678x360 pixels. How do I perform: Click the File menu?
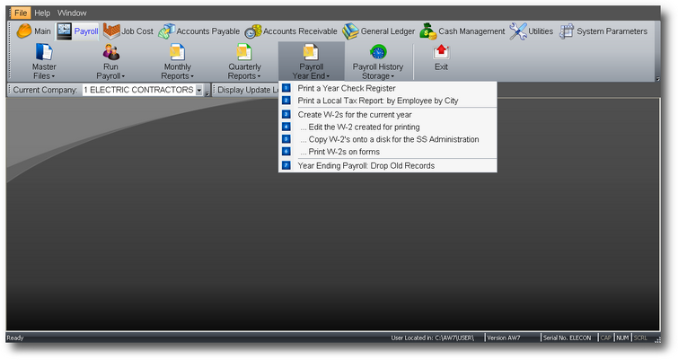tap(21, 13)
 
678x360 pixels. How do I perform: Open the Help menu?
tap(42, 13)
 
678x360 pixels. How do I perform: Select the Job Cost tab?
tap(128, 31)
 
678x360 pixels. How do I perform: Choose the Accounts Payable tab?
tap(198, 31)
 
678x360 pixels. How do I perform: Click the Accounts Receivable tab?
tap(291, 31)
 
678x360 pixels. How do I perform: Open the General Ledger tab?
tap(379, 31)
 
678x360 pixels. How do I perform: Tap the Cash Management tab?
tap(462, 31)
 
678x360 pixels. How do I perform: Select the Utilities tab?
tap(532, 31)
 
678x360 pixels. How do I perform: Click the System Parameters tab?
tap(603, 31)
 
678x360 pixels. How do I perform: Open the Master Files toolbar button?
tap(44, 62)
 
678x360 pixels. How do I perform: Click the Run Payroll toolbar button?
tap(110, 62)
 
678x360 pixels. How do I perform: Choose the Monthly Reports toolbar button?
tap(177, 62)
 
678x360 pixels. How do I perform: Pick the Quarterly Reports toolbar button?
tap(244, 62)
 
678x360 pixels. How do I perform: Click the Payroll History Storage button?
tap(378, 62)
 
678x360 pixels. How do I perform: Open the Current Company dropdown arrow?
tap(198, 90)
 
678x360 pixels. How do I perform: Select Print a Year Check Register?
tap(347, 88)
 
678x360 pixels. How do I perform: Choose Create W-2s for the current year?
tap(355, 115)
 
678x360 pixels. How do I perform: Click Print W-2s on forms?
tap(344, 152)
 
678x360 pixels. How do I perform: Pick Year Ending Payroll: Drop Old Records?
tap(365, 165)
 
